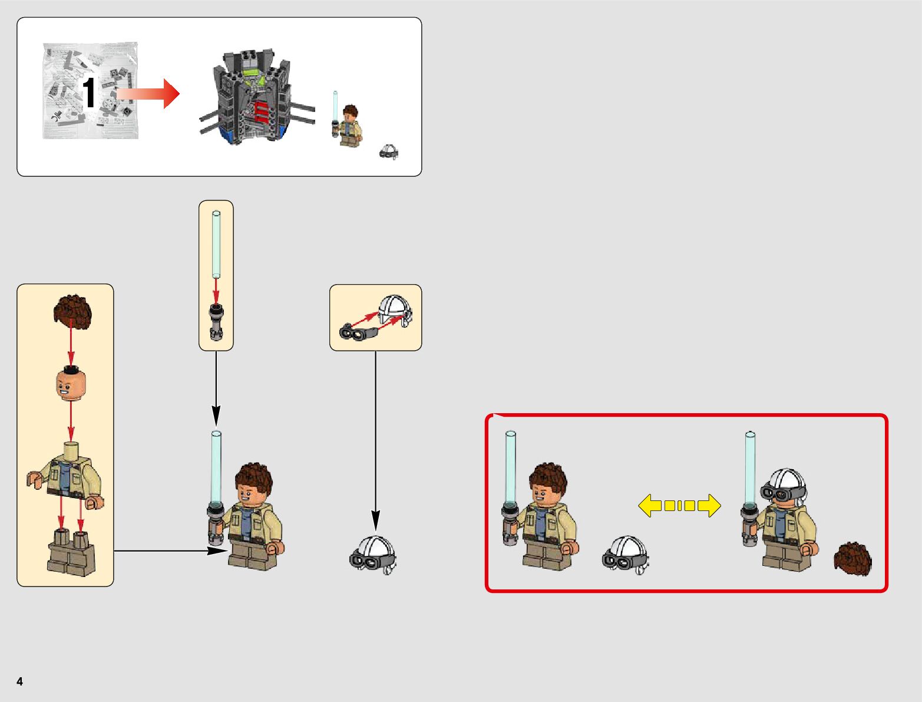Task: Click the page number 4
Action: tap(20, 681)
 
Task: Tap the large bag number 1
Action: tap(89, 93)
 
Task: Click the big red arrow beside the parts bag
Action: tap(148, 94)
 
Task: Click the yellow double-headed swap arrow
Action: tap(679, 506)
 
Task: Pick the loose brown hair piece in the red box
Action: tap(852, 559)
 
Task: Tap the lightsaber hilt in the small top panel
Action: tap(216, 323)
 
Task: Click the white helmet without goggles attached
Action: tap(395, 311)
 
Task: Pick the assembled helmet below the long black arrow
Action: tap(374, 555)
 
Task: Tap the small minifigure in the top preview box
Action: tap(349, 125)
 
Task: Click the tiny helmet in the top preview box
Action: tap(388, 151)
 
